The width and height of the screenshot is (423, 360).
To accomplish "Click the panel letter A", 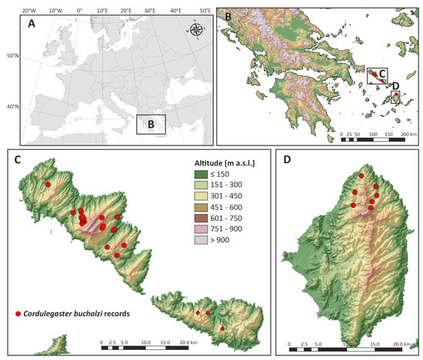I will (x=32, y=22).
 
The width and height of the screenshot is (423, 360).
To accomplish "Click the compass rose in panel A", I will (x=196, y=30).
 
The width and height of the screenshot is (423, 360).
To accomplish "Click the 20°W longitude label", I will (x=29, y=11).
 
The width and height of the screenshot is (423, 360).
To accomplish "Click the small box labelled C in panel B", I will (x=377, y=75).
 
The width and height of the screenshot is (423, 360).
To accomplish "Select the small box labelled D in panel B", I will (x=396, y=98).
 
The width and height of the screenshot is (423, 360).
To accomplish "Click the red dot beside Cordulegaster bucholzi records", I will (x=18, y=315).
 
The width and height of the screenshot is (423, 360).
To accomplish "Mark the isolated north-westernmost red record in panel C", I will (x=48, y=185).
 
